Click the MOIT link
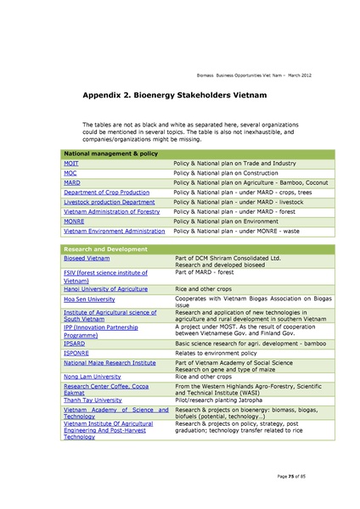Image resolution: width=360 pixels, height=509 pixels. pyautogui.click(x=71, y=162)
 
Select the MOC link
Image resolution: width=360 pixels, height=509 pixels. pyautogui.click(x=70, y=172)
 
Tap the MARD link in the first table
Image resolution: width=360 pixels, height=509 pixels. pyautogui.click(x=72, y=182)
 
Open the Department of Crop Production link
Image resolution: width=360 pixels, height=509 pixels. pyautogui.click(x=106, y=192)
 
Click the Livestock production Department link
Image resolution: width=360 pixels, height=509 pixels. pyautogui.click(x=110, y=202)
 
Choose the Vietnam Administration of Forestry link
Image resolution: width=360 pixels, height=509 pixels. pyautogui.click(x=111, y=211)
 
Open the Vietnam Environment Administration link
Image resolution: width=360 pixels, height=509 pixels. pyautogui.click(x=115, y=231)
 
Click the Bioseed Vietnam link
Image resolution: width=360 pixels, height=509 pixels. pyautogui.click(x=87, y=257)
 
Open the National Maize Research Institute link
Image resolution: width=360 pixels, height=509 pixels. pyautogui.click(x=110, y=362)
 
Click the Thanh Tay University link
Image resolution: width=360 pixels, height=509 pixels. pyautogui.click(x=93, y=399)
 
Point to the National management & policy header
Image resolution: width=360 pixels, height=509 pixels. pyautogui.click(x=111, y=152)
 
